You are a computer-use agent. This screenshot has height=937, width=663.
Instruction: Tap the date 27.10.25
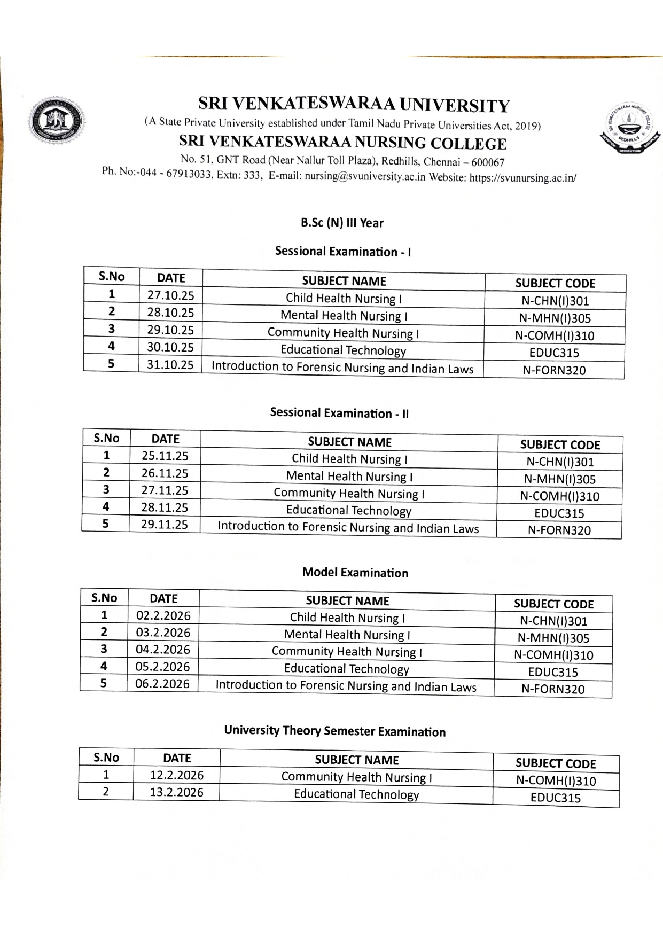tap(170, 295)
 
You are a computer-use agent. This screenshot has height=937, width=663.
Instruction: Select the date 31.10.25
tap(170, 365)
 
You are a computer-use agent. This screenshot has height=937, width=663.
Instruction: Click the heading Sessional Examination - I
tap(342, 251)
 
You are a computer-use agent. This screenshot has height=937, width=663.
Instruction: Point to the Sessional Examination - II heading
tap(339, 413)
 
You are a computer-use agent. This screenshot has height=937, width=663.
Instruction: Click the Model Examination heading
tap(355, 573)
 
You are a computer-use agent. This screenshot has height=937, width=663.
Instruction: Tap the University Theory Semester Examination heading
tap(334, 731)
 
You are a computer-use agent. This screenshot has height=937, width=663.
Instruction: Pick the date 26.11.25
tap(165, 473)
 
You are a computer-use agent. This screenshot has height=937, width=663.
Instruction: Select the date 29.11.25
tap(164, 525)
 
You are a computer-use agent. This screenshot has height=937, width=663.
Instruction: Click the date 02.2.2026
tap(163, 615)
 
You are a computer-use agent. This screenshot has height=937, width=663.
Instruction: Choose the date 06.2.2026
tap(162, 684)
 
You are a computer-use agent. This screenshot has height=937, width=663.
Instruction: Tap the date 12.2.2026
tap(176, 775)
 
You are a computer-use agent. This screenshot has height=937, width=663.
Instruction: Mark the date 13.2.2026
tap(176, 792)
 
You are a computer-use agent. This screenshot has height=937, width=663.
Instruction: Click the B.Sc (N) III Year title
tap(342, 223)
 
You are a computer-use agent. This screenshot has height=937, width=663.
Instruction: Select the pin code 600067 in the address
tap(487, 162)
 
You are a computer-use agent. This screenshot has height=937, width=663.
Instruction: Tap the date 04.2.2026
tap(162, 650)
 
